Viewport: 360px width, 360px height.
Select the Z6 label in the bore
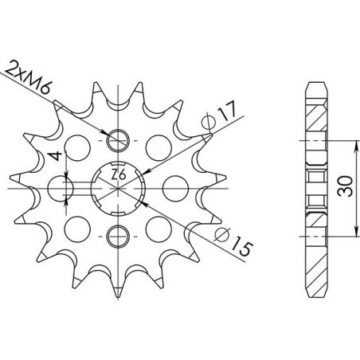tap(117, 174)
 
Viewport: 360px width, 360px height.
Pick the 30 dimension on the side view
tap(343, 186)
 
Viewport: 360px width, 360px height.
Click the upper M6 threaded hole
tap(117, 139)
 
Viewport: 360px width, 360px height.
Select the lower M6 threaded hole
tap(117, 235)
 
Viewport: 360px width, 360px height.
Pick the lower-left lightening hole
tap(77, 227)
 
